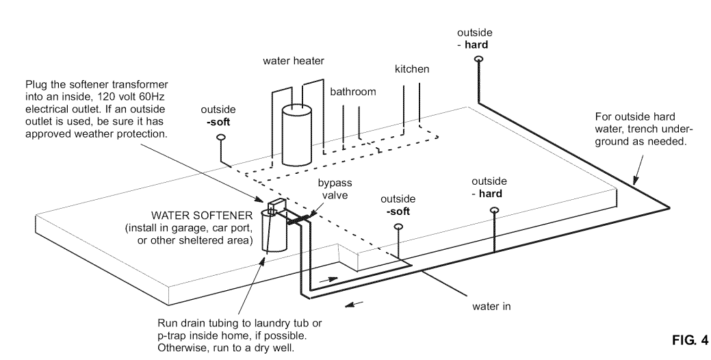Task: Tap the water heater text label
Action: [x=294, y=61]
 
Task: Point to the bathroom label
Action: [x=353, y=92]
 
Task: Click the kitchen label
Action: [x=411, y=69]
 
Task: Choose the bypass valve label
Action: [x=333, y=190]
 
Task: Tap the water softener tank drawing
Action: [x=275, y=233]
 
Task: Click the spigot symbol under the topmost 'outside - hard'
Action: [x=478, y=60]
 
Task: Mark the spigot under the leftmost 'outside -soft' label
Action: [x=221, y=138]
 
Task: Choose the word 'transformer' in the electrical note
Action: [x=141, y=86]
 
